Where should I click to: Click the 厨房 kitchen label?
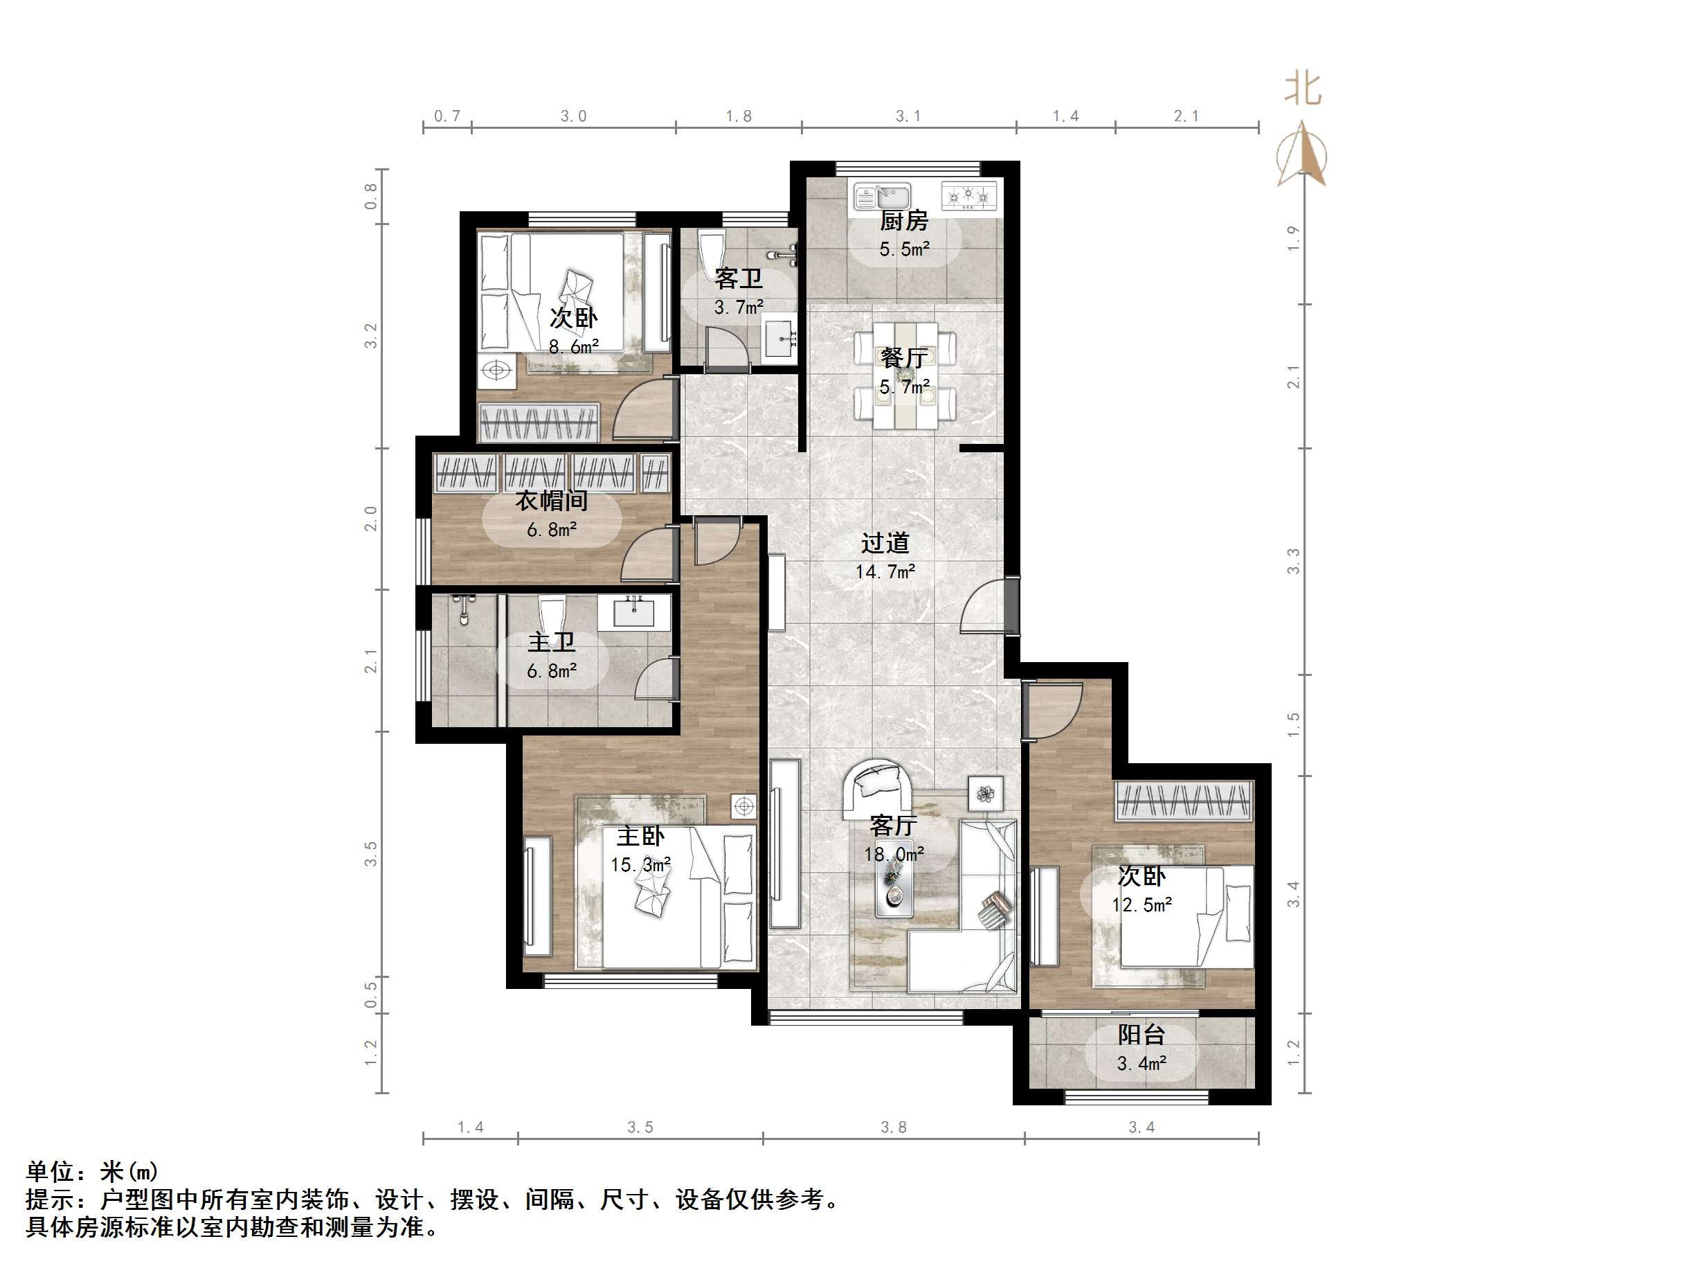point(904,222)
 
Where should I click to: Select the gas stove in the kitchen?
point(968,196)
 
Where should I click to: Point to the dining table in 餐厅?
point(905,375)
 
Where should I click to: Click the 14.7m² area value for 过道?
point(885,571)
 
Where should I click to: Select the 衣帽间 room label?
point(552,501)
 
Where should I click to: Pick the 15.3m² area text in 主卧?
point(640,864)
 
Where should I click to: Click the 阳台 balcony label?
point(1141,1035)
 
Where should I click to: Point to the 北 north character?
point(1303,89)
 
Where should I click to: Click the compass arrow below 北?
point(1303,157)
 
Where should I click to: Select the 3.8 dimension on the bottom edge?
point(893,1127)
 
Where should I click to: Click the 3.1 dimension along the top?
point(908,116)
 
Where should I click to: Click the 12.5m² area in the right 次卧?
point(1142,905)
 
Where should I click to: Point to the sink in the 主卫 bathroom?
point(634,613)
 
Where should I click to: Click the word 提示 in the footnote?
point(49,1200)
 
